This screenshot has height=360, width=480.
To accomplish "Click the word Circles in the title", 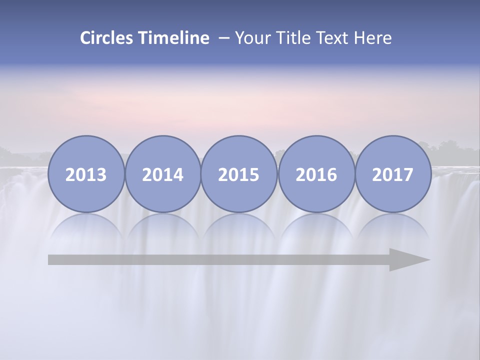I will click(x=107, y=38).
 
